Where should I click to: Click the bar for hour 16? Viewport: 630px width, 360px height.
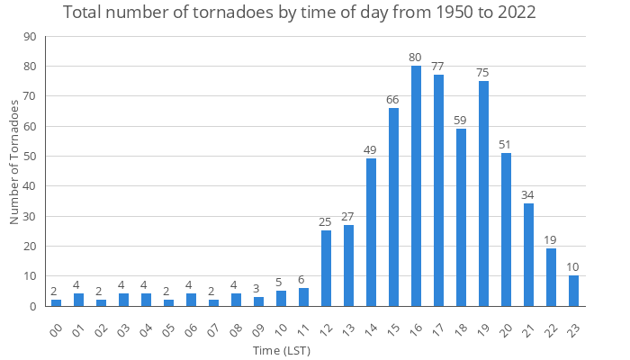[416, 186]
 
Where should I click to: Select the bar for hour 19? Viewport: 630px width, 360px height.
[483, 193]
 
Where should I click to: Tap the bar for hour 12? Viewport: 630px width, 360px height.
[326, 268]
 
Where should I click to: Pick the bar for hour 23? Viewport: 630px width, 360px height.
[573, 291]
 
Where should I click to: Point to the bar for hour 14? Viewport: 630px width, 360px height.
[371, 232]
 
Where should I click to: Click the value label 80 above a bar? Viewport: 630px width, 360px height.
[416, 58]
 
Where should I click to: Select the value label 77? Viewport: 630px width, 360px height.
[438, 67]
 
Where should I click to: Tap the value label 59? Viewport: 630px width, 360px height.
[461, 121]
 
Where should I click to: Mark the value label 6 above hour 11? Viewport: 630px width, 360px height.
[303, 280]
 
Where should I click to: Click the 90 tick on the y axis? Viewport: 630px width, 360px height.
[30, 37]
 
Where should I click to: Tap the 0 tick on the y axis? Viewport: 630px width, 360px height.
[33, 306]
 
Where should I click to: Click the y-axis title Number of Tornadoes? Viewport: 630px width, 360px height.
[14, 162]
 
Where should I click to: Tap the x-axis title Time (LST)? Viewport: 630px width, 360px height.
[282, 350]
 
